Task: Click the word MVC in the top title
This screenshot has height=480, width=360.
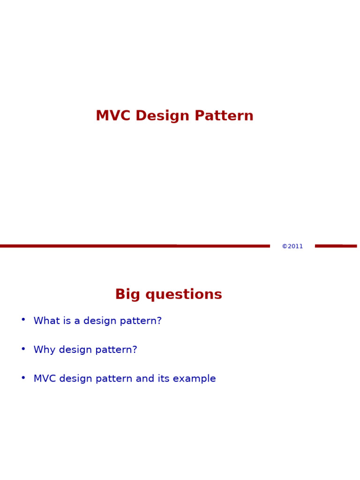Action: click(113, 116)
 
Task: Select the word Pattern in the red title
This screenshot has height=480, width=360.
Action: click(224, 115)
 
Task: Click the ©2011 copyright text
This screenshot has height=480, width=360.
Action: click(292, 246)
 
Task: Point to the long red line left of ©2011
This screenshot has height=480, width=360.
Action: click(135, 246)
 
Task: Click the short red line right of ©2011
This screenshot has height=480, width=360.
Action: click(336, 246)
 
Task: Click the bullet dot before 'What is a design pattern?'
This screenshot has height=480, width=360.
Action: click(23, 319)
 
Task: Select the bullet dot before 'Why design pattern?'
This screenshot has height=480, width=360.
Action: click(23, 348)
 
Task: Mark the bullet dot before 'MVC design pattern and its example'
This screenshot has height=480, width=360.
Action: click(23, 377)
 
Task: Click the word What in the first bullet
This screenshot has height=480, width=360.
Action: click(46, 321)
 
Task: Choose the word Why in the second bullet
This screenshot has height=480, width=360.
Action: click(45, 350)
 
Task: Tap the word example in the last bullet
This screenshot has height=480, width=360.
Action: click(195, 379)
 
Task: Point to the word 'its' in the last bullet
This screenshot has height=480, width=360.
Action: click(164, 379)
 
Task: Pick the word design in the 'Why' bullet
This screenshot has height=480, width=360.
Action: click(75, 350)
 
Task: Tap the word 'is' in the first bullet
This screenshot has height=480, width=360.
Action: click(67, 321)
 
